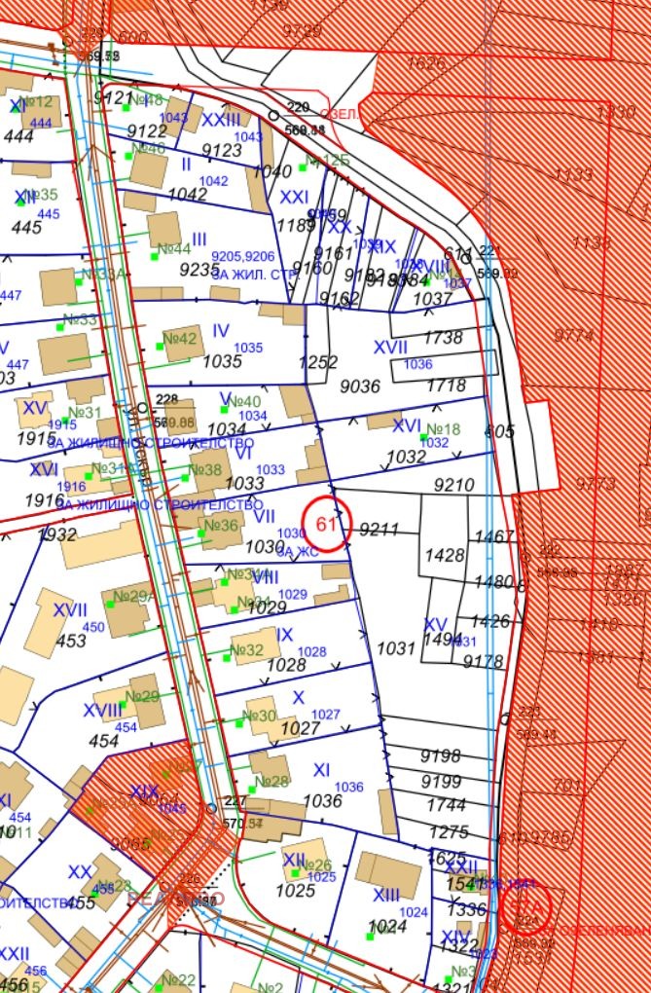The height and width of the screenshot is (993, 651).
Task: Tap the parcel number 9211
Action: [380, 530]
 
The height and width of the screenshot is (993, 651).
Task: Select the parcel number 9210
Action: [454, 484]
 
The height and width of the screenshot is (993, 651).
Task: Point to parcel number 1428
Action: [446, 555]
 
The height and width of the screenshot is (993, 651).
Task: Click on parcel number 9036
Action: [360, 386]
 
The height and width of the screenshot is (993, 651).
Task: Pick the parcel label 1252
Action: [318, 362]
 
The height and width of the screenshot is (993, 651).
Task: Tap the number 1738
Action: [446, 337]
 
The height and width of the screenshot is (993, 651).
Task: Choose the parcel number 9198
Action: [441, 756]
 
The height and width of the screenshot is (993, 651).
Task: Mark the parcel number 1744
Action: [447, 806]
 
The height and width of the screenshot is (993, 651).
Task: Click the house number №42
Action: [180, 338]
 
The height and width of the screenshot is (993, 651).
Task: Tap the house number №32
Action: [247, 650]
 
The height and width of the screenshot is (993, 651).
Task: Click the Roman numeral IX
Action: [285, 635]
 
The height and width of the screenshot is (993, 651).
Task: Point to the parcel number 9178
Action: [484, 662]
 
